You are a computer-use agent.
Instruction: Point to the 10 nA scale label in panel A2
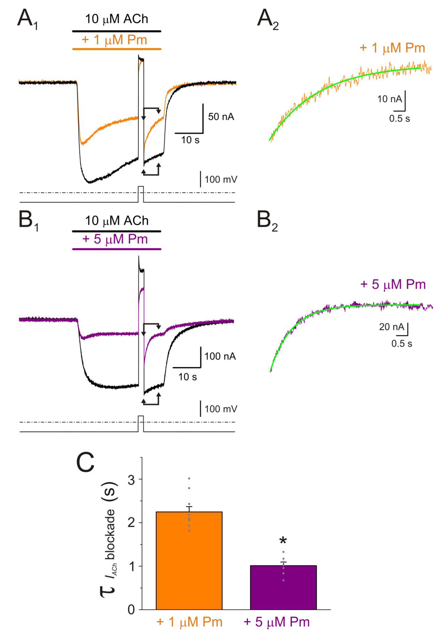click(389, 99)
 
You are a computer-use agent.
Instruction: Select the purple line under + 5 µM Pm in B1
click(117, 249)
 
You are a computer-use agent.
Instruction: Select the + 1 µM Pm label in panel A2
click(392, 48)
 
